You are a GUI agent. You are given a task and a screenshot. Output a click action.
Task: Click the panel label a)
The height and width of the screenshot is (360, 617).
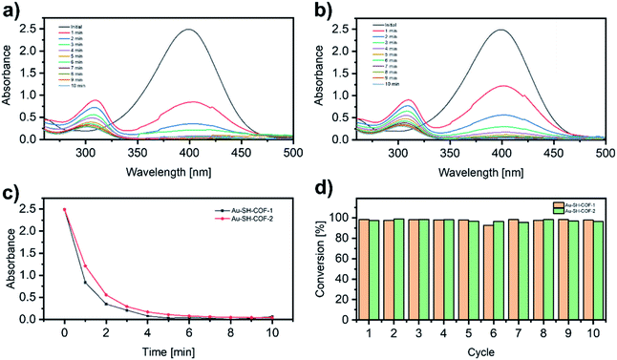tap(11, 11)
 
